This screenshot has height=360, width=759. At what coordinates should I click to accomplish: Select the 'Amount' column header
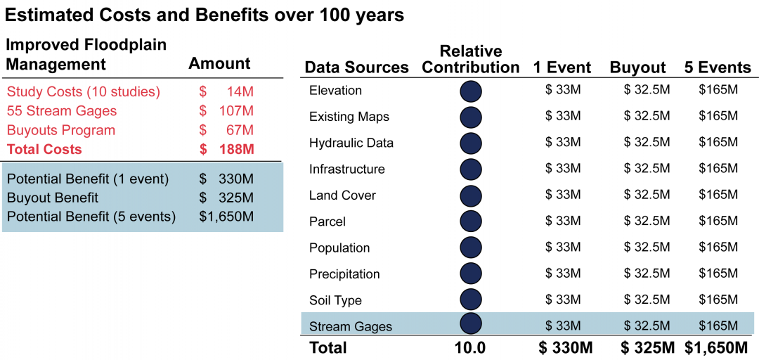point(219,63)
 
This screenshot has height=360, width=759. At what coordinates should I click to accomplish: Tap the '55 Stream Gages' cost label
point(61,111)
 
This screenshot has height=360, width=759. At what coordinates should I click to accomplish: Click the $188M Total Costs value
point(226,149)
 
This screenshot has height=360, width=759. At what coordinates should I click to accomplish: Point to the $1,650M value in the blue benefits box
point(226,217)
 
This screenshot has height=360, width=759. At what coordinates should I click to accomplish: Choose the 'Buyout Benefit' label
point(53,198)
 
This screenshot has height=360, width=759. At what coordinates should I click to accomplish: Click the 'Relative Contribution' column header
point(470,59)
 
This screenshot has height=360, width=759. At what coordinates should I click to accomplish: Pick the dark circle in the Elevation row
point(470,91)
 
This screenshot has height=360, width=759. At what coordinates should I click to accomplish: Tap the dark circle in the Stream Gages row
point(470,323)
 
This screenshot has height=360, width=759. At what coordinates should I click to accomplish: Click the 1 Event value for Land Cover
point(562,195)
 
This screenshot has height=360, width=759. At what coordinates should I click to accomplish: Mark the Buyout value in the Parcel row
point(647,221)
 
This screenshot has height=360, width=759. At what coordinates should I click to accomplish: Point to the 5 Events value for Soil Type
point(718,300)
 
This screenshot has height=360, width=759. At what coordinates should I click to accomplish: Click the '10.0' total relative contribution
point(470,348)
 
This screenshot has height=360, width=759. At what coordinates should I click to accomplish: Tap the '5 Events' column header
point(718,67)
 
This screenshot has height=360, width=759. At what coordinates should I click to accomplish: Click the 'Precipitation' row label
point(344,274)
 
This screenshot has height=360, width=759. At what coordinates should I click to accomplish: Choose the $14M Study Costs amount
point(226,91)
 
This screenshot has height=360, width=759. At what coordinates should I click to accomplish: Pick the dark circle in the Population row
point(470,247)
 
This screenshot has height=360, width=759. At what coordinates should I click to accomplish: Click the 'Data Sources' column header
point(357,67)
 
